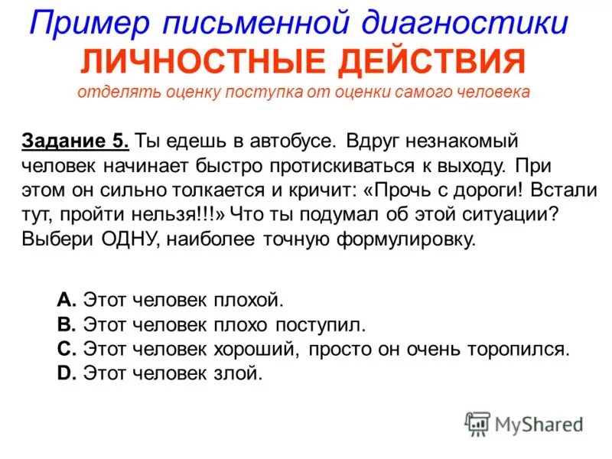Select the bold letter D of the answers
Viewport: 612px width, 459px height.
tap(65, 374)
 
